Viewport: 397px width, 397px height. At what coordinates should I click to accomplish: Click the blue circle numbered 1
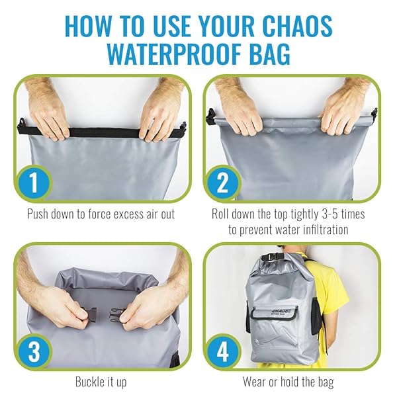tap(34, 183)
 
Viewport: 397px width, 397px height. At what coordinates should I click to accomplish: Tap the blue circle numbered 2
tap(223, 183)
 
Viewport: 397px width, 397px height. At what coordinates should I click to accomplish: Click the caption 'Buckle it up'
tap(101, 382)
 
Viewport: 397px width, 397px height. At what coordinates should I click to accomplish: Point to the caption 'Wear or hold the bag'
tap(288, 382)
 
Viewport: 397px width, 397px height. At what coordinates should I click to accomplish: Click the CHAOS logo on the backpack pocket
tap(279, 310)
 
